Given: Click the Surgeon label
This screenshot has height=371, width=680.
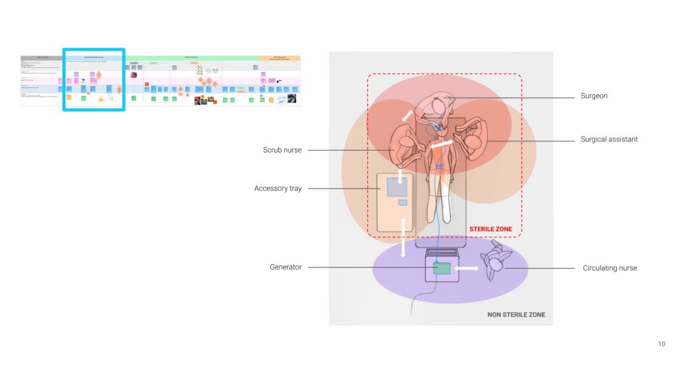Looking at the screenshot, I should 594,96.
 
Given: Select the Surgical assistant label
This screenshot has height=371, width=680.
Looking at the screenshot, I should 609,139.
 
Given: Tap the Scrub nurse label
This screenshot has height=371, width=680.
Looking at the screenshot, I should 282,150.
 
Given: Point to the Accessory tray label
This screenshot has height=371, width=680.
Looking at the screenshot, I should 278,188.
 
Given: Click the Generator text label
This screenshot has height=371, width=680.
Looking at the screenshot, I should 286,267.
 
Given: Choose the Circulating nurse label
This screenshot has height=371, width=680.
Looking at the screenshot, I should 610,268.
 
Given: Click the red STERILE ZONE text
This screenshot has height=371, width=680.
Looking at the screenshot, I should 491,229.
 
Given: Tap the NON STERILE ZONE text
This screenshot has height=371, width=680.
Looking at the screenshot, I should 516,315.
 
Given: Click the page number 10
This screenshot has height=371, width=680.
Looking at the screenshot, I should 661,344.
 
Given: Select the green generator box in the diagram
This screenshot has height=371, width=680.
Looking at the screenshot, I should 442,268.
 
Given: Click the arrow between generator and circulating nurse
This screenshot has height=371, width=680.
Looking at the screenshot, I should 467,269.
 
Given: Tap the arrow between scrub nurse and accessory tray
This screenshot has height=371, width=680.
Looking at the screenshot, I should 400,177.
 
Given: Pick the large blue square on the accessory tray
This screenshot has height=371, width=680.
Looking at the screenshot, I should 396,188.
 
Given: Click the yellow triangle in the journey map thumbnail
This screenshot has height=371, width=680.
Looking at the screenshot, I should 101,99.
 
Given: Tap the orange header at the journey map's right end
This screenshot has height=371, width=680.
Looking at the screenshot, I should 279,58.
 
